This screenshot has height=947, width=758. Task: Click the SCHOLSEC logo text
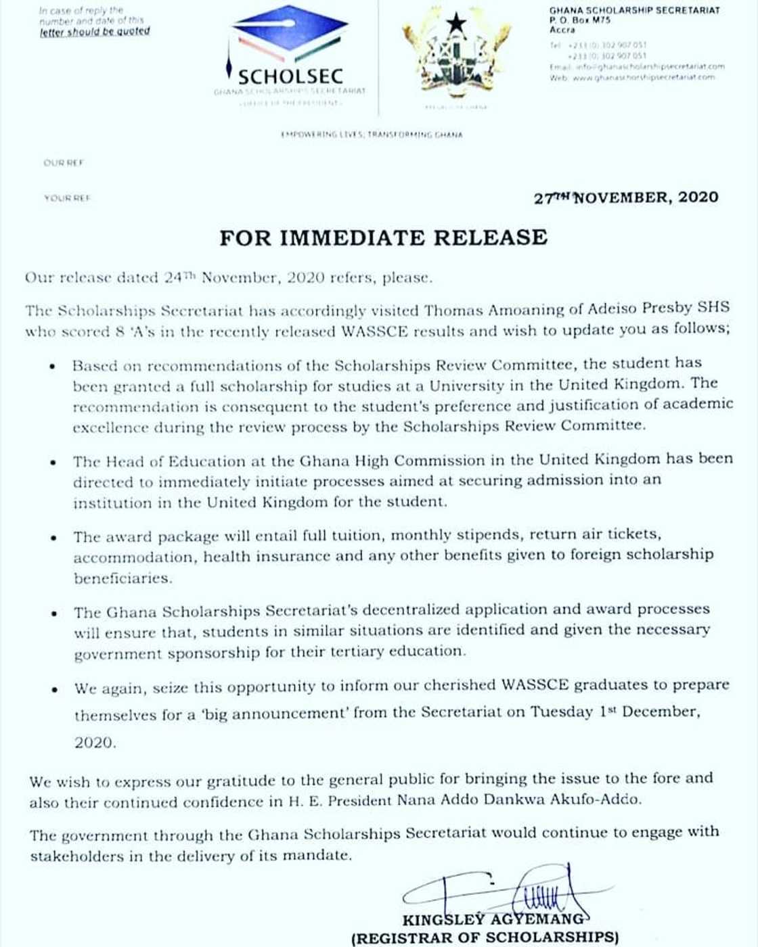(290, 76)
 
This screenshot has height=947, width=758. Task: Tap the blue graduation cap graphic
(289, 34)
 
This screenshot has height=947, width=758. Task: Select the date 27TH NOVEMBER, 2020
(626, 198)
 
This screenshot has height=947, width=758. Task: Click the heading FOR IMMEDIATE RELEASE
(383, 237)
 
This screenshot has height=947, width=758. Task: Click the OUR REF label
(63, 163)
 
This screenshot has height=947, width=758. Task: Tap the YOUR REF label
(66, 198)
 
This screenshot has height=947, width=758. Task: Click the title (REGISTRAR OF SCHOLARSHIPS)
(485, 938)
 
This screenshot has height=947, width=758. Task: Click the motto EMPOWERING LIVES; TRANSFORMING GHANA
(372, 135)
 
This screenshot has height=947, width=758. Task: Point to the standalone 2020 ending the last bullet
(95, 743)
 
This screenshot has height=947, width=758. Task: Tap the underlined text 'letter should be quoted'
(95, 31)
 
